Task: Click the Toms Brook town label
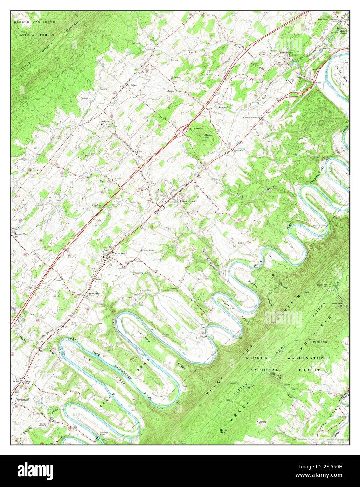(187, 201)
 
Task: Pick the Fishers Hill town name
(288, 53)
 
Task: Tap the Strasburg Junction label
(329, 19)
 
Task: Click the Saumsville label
(21, 234)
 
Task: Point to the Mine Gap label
(279, 377)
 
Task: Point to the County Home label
(148, 251)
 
